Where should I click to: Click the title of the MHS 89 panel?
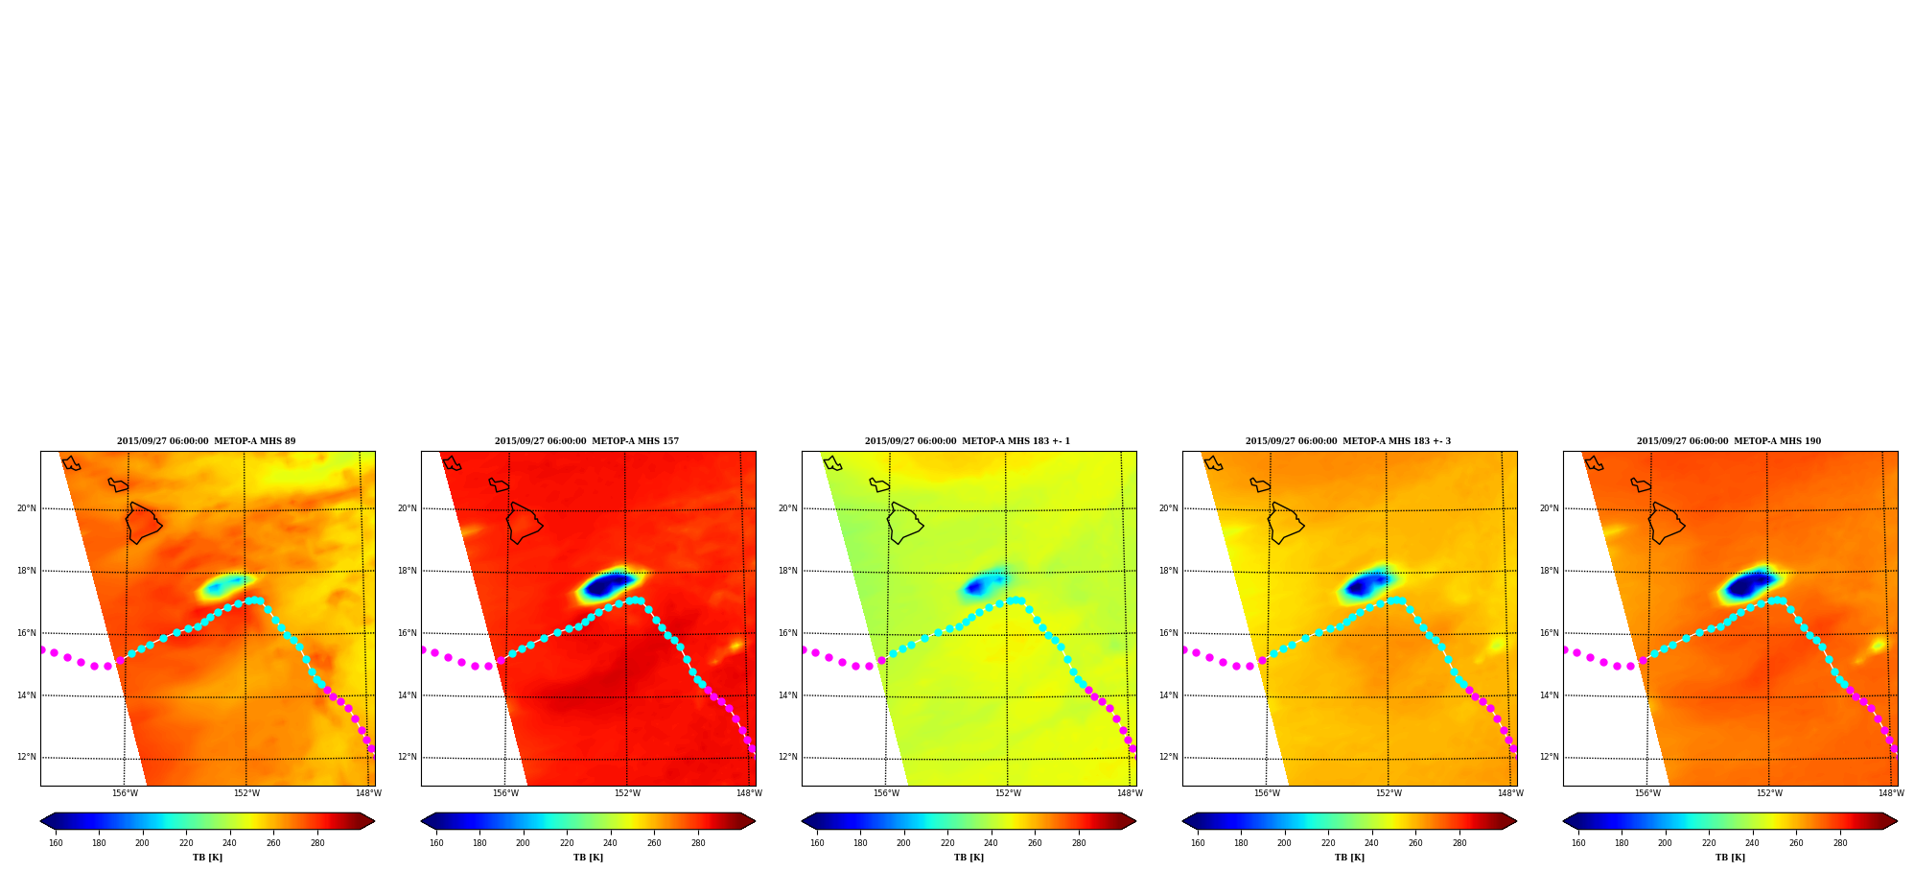coord(206,441)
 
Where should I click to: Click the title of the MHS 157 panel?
coord(587,441)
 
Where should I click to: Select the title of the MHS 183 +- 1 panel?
coord(968,441)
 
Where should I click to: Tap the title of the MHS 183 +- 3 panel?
coord(1348,441)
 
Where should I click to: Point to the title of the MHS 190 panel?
coord(1729,441)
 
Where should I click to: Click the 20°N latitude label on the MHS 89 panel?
coord(27,508)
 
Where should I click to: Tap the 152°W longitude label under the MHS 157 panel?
coord(627,793)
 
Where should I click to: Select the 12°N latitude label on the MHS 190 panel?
coord(1550,757)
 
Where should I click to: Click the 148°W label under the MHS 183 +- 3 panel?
coord(1510,793)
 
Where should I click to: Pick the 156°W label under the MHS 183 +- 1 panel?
coord(886,793)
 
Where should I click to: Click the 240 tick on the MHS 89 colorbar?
coord(229,843)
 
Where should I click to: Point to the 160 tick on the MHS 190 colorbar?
coord(1578,843)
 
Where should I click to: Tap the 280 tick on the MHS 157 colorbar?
coord(698,843)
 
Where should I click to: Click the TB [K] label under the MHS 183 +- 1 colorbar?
coord(969,858)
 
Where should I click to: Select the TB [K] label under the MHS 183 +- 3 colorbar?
coord(1349,858)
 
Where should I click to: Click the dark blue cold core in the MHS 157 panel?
coord(607,584)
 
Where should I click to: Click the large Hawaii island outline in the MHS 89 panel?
coord(144,523)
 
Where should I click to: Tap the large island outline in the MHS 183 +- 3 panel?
coord(1286,523)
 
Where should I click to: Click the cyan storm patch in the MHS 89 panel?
coord(223,585)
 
